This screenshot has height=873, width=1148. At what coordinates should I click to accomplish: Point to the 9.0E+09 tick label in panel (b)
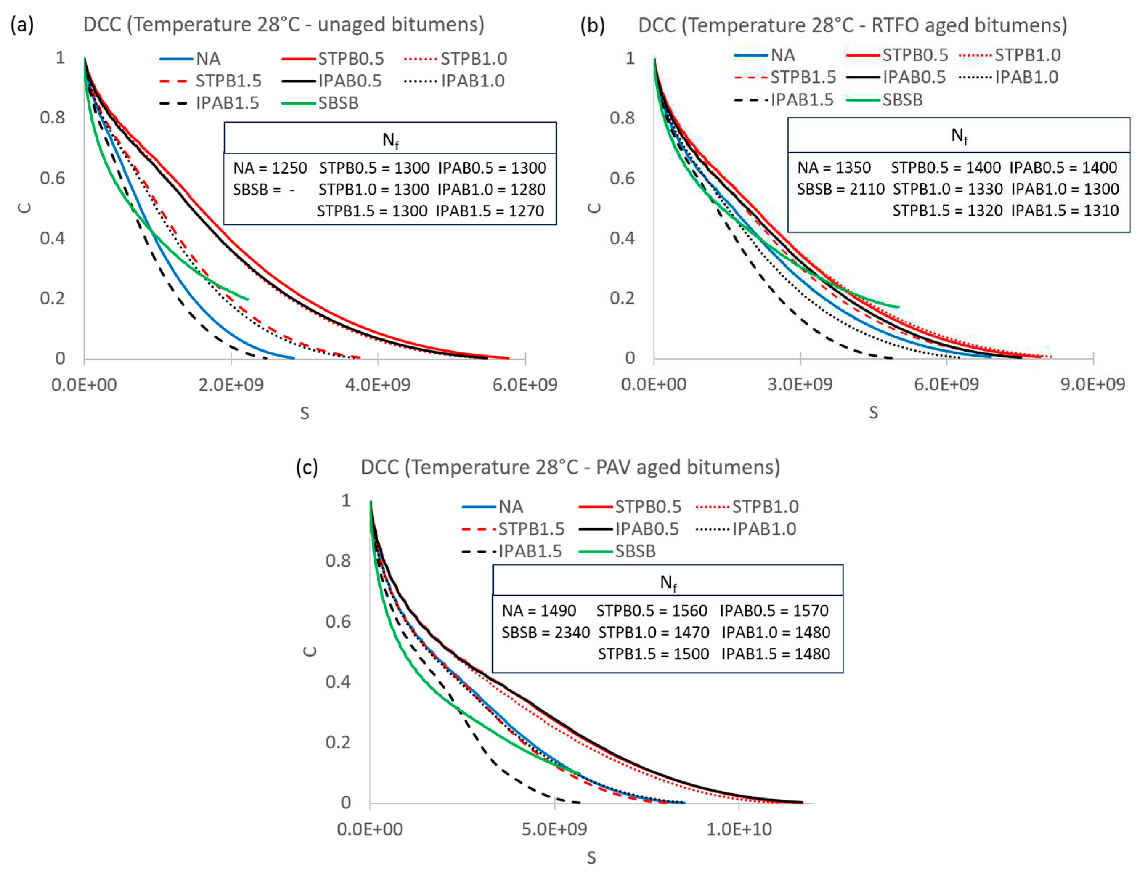1092,385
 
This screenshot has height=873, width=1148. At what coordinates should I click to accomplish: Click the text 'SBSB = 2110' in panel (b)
840,189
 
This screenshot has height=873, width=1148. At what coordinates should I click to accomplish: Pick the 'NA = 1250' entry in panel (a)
270,168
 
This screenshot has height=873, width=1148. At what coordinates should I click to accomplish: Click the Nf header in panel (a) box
390,140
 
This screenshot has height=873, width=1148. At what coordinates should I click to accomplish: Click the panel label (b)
592,25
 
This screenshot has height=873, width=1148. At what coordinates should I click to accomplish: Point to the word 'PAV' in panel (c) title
613,467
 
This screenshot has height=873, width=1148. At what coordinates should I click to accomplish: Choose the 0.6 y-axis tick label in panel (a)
53,178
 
